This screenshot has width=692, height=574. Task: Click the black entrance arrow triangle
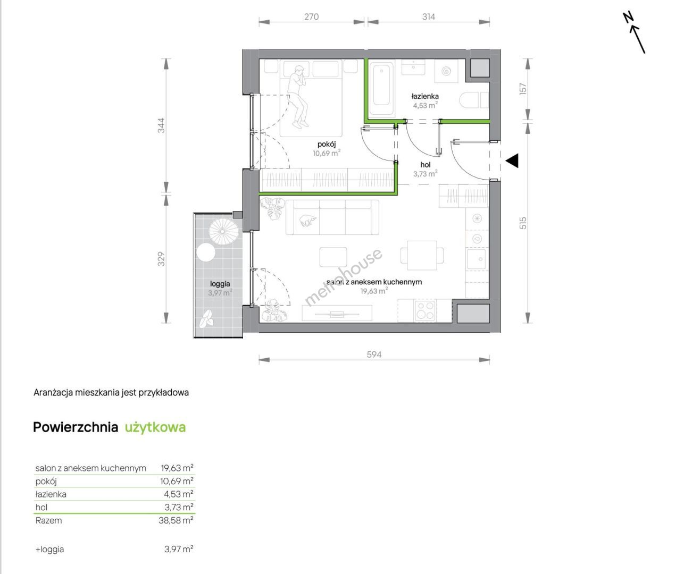click(x=512, y=161)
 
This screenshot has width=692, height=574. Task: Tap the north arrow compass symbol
click(x=635, y=37)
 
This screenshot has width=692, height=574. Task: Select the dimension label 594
click(x=374, y=354)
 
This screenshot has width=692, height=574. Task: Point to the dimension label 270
click(x=312, y=16)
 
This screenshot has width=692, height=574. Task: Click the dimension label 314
click(x=429, y=16)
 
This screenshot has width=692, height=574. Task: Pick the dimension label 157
click(x=523, y=89)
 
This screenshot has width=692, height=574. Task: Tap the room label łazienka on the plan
click(x=425, y=96)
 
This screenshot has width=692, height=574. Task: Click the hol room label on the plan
click(x=425, y=165)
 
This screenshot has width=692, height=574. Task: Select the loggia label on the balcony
click(x=220, y=284)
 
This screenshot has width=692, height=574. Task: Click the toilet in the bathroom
click(x=474, y=100)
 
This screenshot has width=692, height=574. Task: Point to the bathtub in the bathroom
click(x=381, y=89)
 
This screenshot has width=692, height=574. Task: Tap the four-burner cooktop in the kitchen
click(x=425, y=310)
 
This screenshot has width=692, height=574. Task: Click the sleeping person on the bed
click(x=298, y=96)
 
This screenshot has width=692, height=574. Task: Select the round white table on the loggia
click(x=205, y=252)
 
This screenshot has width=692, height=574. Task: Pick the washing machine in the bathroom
click(x=446, y=71)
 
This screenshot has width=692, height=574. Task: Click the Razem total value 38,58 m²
click(x=176, y=520)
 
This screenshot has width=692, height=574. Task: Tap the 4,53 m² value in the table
click(x=179, y=494)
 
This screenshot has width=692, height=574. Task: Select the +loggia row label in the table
click(x=49, y=550)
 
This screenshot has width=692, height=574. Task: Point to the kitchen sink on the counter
click(x=477, y=259)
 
